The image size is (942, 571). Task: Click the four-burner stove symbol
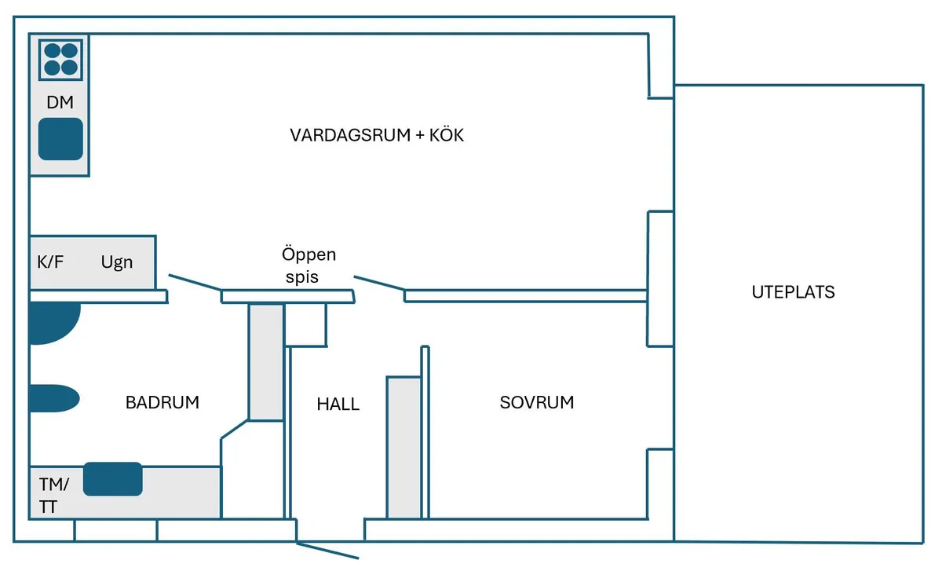[x=60, y=59]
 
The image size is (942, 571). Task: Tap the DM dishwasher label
[x=60, y=102]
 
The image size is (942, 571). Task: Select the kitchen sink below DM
[x=60, y=139]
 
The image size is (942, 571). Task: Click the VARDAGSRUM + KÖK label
[x=377, y=135]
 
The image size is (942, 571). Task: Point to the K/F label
[x=50, y=262]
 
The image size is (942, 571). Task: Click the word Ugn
[x=117, y=262]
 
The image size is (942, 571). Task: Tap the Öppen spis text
[x=309, y=265]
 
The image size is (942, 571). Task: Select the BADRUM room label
[x=162, y=403]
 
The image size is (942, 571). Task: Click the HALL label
[x=338, y=404]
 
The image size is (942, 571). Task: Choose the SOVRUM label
[x=536, y=403]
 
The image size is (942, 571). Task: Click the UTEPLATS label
[x=793, y=292]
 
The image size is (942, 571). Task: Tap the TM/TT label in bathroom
[x=53, y=495]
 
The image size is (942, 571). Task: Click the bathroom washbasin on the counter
[x=113, y=479]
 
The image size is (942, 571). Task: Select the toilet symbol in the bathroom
[x=53, y=398]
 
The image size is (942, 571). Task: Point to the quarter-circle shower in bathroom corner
[x=52, y=323]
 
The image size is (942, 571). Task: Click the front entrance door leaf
[x=327, y=550]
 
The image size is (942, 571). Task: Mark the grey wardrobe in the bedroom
[x=404, y=448]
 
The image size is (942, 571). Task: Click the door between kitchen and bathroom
[x=195, y=284]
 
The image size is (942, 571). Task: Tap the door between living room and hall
[x=379, y=284]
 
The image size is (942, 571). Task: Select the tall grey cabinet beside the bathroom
[x=265, y=362]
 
